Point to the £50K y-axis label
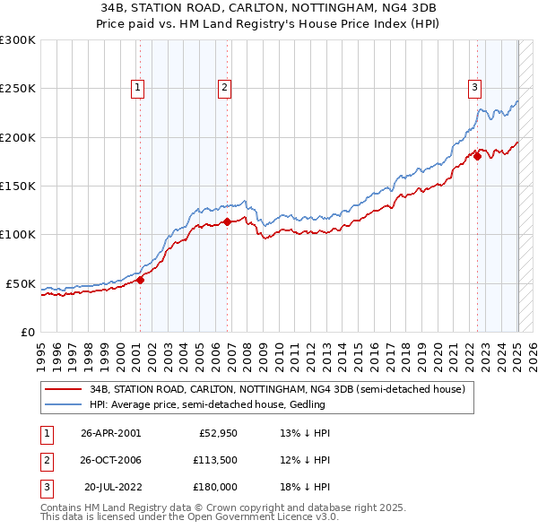(20, 283)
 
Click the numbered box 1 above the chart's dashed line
(137, 87)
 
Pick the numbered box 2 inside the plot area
(223, 87)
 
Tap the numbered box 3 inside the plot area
(473, 87)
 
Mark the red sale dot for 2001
(140, 280)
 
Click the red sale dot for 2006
(227, 221)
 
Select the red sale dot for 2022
(477, 157)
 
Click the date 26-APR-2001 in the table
(110, 433)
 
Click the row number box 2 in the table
(46, 460)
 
